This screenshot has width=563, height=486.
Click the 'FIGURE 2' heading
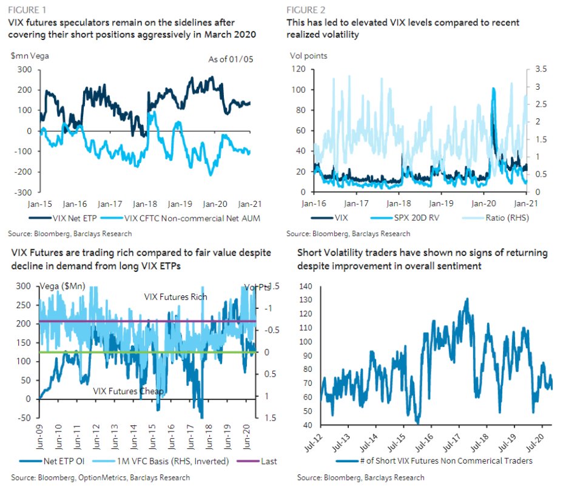coord(306,10)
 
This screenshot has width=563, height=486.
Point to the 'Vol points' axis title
coord(308,56)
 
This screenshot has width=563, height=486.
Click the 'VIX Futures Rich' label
coord(175,297)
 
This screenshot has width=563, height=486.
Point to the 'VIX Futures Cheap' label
coord(128,391)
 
